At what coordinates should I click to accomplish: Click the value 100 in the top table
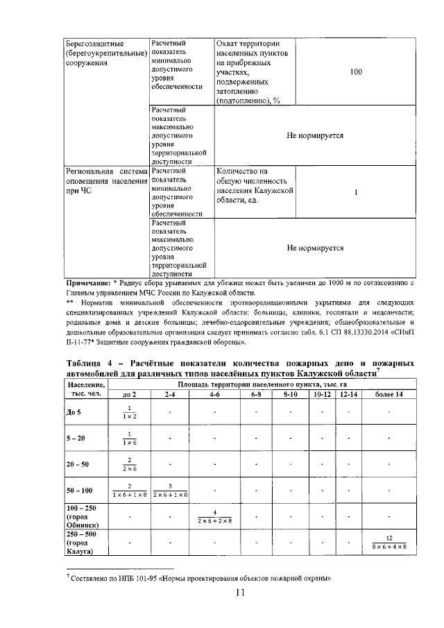tap(355, 72)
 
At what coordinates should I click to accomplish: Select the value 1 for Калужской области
tap(355, 193)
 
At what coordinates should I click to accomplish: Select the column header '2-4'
tap(170, 394)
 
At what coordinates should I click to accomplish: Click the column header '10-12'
tap(323, 394)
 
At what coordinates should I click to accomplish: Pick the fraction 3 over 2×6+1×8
tap(170, 490)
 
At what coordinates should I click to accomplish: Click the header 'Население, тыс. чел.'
tap(87, 389)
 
